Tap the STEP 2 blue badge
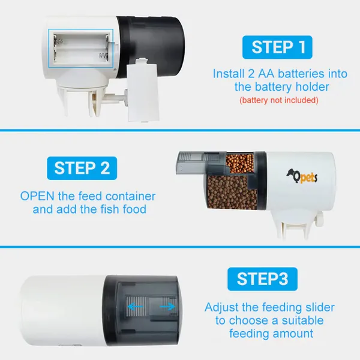tap(82, 167)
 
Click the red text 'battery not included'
tap(278, 100)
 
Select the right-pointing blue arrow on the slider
tap(169, 306)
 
